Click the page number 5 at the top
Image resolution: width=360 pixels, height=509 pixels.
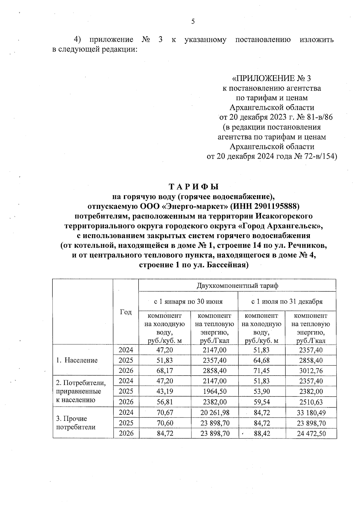193,21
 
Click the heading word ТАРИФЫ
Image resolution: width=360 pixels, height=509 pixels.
193,187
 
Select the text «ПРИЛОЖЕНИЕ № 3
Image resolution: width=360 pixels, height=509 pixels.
271,79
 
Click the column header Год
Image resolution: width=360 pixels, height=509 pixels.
126,312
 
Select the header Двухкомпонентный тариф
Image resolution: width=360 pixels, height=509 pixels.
237,286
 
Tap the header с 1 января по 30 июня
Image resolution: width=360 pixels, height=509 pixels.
188,301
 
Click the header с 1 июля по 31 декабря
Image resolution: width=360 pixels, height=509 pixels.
287,301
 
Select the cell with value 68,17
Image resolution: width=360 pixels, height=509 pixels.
165,371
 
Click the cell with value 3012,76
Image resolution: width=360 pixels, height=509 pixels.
311,371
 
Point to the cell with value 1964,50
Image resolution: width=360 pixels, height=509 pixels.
214,391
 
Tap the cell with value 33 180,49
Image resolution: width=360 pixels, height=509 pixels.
311,412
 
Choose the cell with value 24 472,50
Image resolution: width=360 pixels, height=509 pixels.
311,433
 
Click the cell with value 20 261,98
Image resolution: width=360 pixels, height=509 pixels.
214,412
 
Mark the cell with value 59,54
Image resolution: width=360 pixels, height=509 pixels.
262,402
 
